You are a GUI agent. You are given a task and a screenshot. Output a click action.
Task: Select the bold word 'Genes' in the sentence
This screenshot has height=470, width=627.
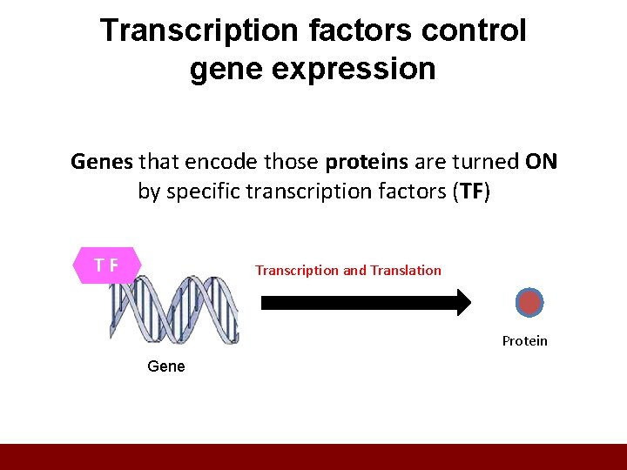coord(102,162)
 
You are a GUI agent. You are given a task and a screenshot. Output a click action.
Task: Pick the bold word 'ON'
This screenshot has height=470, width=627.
coord(542,162)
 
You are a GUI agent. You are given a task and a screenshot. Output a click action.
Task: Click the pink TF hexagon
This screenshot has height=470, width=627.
coord(107,265)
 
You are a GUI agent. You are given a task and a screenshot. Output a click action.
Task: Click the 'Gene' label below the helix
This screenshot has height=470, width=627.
coord(166,366)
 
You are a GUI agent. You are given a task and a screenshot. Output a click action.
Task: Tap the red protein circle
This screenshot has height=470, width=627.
coord(529,303)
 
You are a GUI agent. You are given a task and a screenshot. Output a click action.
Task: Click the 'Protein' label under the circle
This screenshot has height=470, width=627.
coord(524,341)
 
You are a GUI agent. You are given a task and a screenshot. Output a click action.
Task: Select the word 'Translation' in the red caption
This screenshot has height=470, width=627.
coord(406,271)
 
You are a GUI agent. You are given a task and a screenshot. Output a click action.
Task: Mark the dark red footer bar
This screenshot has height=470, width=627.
coord(313,457)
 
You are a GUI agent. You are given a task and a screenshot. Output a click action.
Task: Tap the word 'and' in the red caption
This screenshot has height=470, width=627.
coord(354,271)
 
